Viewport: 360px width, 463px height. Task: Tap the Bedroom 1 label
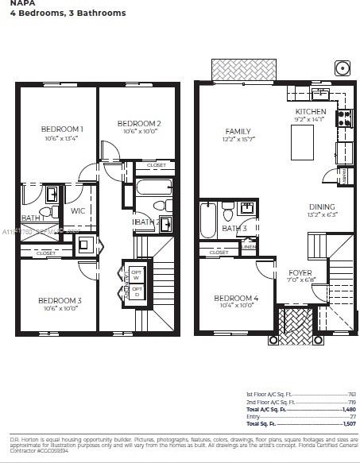tap(63, 129)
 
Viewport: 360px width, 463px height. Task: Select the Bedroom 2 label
tap(139, 123)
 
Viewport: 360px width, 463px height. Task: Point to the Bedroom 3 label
tap(60, 300)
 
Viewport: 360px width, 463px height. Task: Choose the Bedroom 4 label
tap(236, 299)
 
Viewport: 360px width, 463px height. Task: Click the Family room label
tap(238, 131)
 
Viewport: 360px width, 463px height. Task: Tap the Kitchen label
tap(310, 112)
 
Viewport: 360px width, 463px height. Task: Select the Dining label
tap(322, 206)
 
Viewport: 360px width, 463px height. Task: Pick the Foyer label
tap(300, 272)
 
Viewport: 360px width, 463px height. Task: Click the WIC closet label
tap(77, 211)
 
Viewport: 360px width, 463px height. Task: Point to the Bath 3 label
tap(234, 229)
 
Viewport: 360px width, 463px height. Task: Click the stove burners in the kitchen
tap(345, 118)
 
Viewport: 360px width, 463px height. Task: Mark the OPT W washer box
tap(137, 274)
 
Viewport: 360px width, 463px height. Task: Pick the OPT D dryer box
tap(137, 291)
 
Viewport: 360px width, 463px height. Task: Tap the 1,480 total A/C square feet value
tap(348, 408)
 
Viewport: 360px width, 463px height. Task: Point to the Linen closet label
tap(249, 247)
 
